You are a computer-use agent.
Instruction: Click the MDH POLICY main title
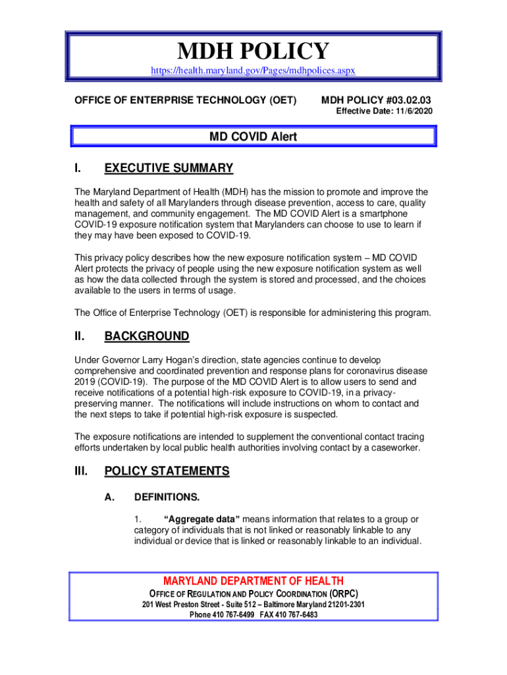point(253,51)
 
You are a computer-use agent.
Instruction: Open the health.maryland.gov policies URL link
point(253,70)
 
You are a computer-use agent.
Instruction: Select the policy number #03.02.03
point(404,100)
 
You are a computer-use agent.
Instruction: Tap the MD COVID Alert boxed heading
point(253,137)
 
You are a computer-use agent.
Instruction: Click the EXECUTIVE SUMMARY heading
point(169,168)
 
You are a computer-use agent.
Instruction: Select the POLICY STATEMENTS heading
point(167,471)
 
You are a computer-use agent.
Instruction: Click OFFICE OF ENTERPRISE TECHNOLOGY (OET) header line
point(185,100)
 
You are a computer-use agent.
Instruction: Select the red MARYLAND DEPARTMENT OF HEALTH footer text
point(253,581)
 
